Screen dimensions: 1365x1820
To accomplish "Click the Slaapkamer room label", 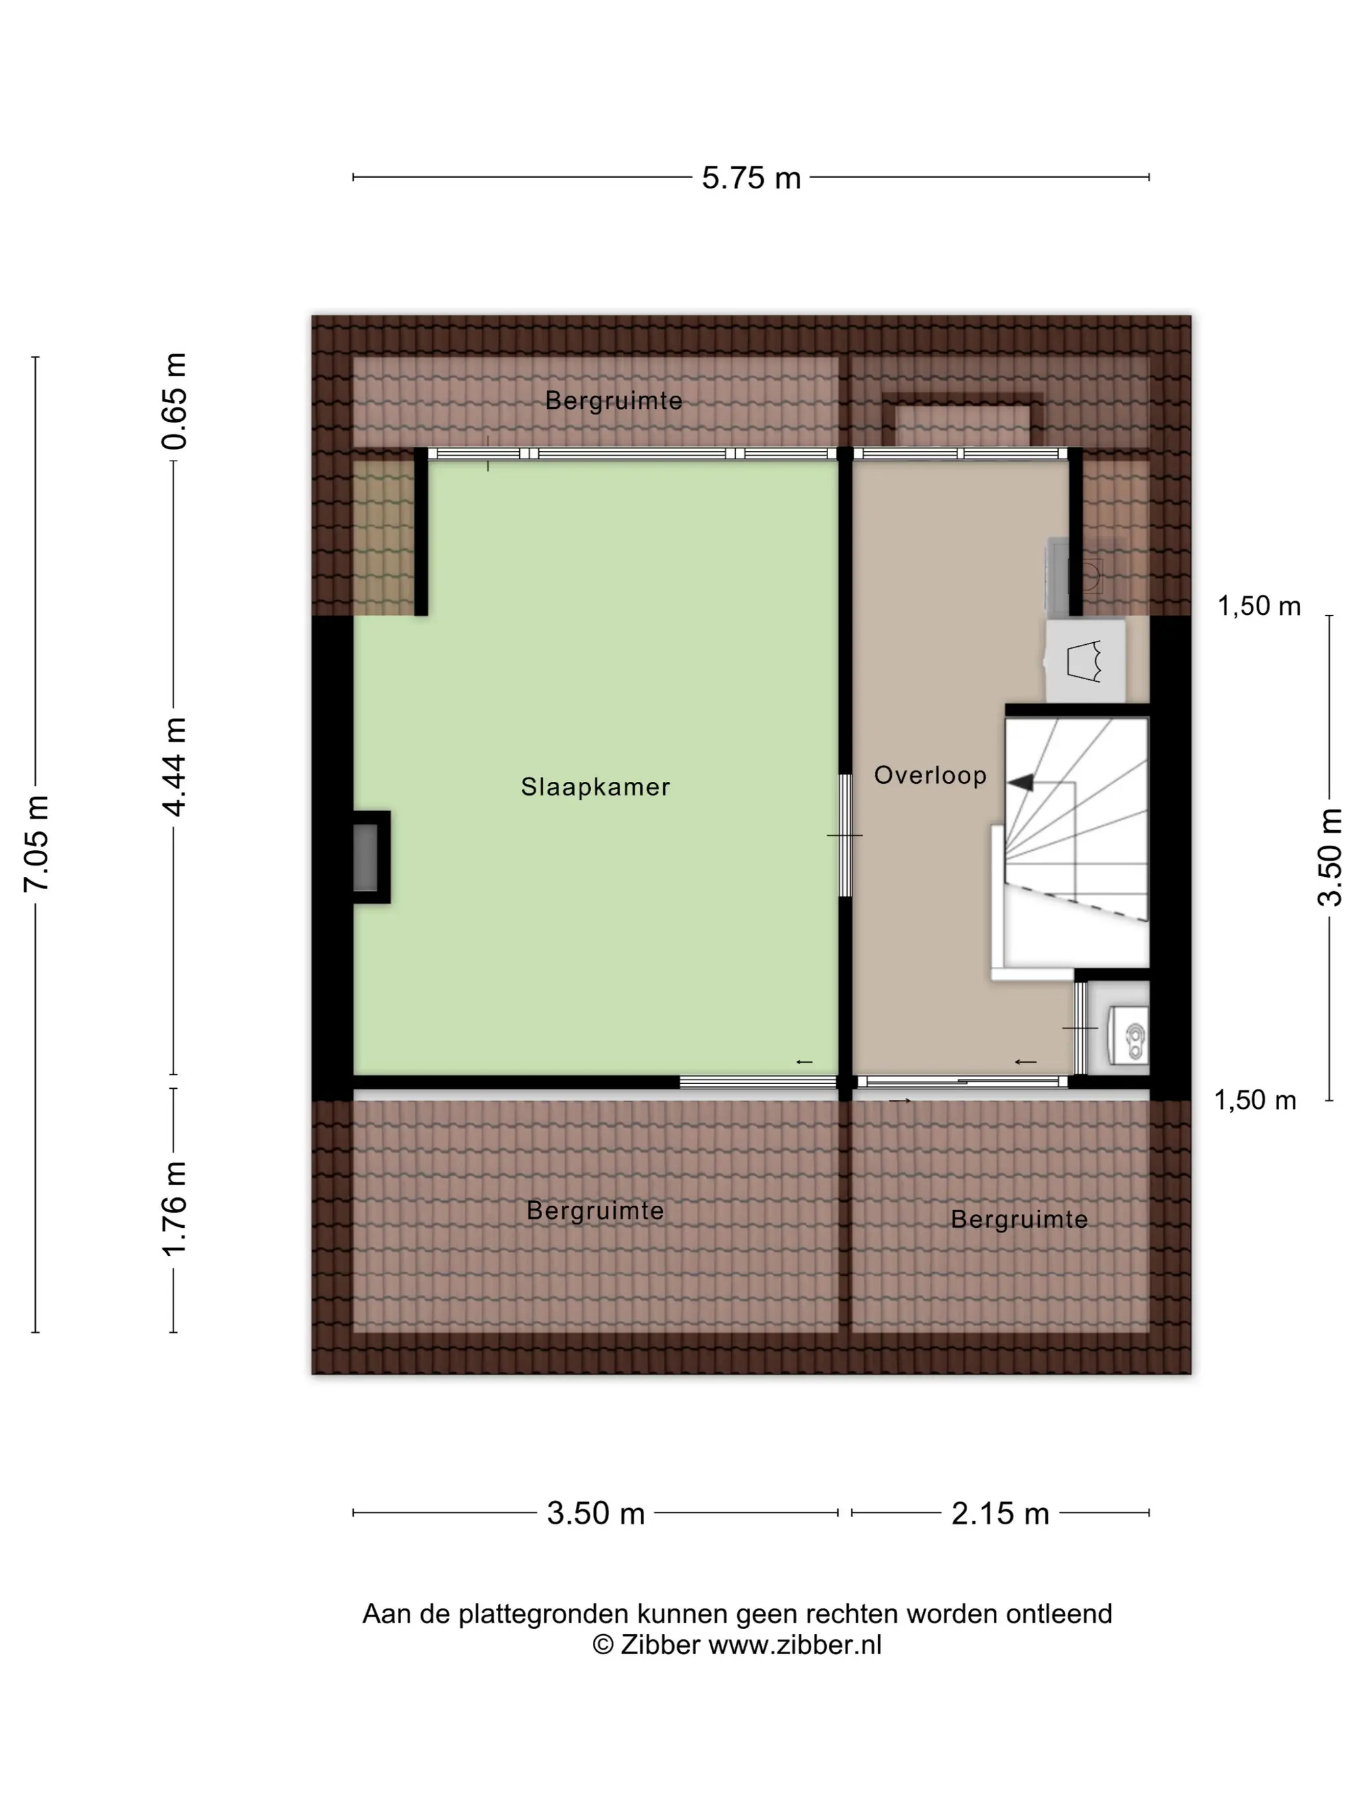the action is [595, 786].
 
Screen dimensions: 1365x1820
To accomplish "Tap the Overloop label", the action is [929, 775].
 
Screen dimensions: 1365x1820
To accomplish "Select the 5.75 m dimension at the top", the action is [750, 177].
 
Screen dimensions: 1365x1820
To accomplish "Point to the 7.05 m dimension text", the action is [37, 843].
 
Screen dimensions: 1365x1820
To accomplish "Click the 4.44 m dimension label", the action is [174, 767].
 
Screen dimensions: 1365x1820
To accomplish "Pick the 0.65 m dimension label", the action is [174, 400].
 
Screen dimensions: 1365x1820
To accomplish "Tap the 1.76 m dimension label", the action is [174, 1208].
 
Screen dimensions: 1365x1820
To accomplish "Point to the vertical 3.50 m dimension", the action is [1330, 857].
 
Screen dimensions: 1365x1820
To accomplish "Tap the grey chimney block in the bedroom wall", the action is [366, 857].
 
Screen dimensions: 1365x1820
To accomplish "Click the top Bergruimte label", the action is [614, 400].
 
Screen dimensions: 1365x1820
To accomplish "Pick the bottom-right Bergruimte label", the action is [1019, 1219].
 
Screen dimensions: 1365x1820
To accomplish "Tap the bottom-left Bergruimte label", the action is [595, 1210].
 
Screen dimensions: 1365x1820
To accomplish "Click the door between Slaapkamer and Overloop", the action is [845, 835].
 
